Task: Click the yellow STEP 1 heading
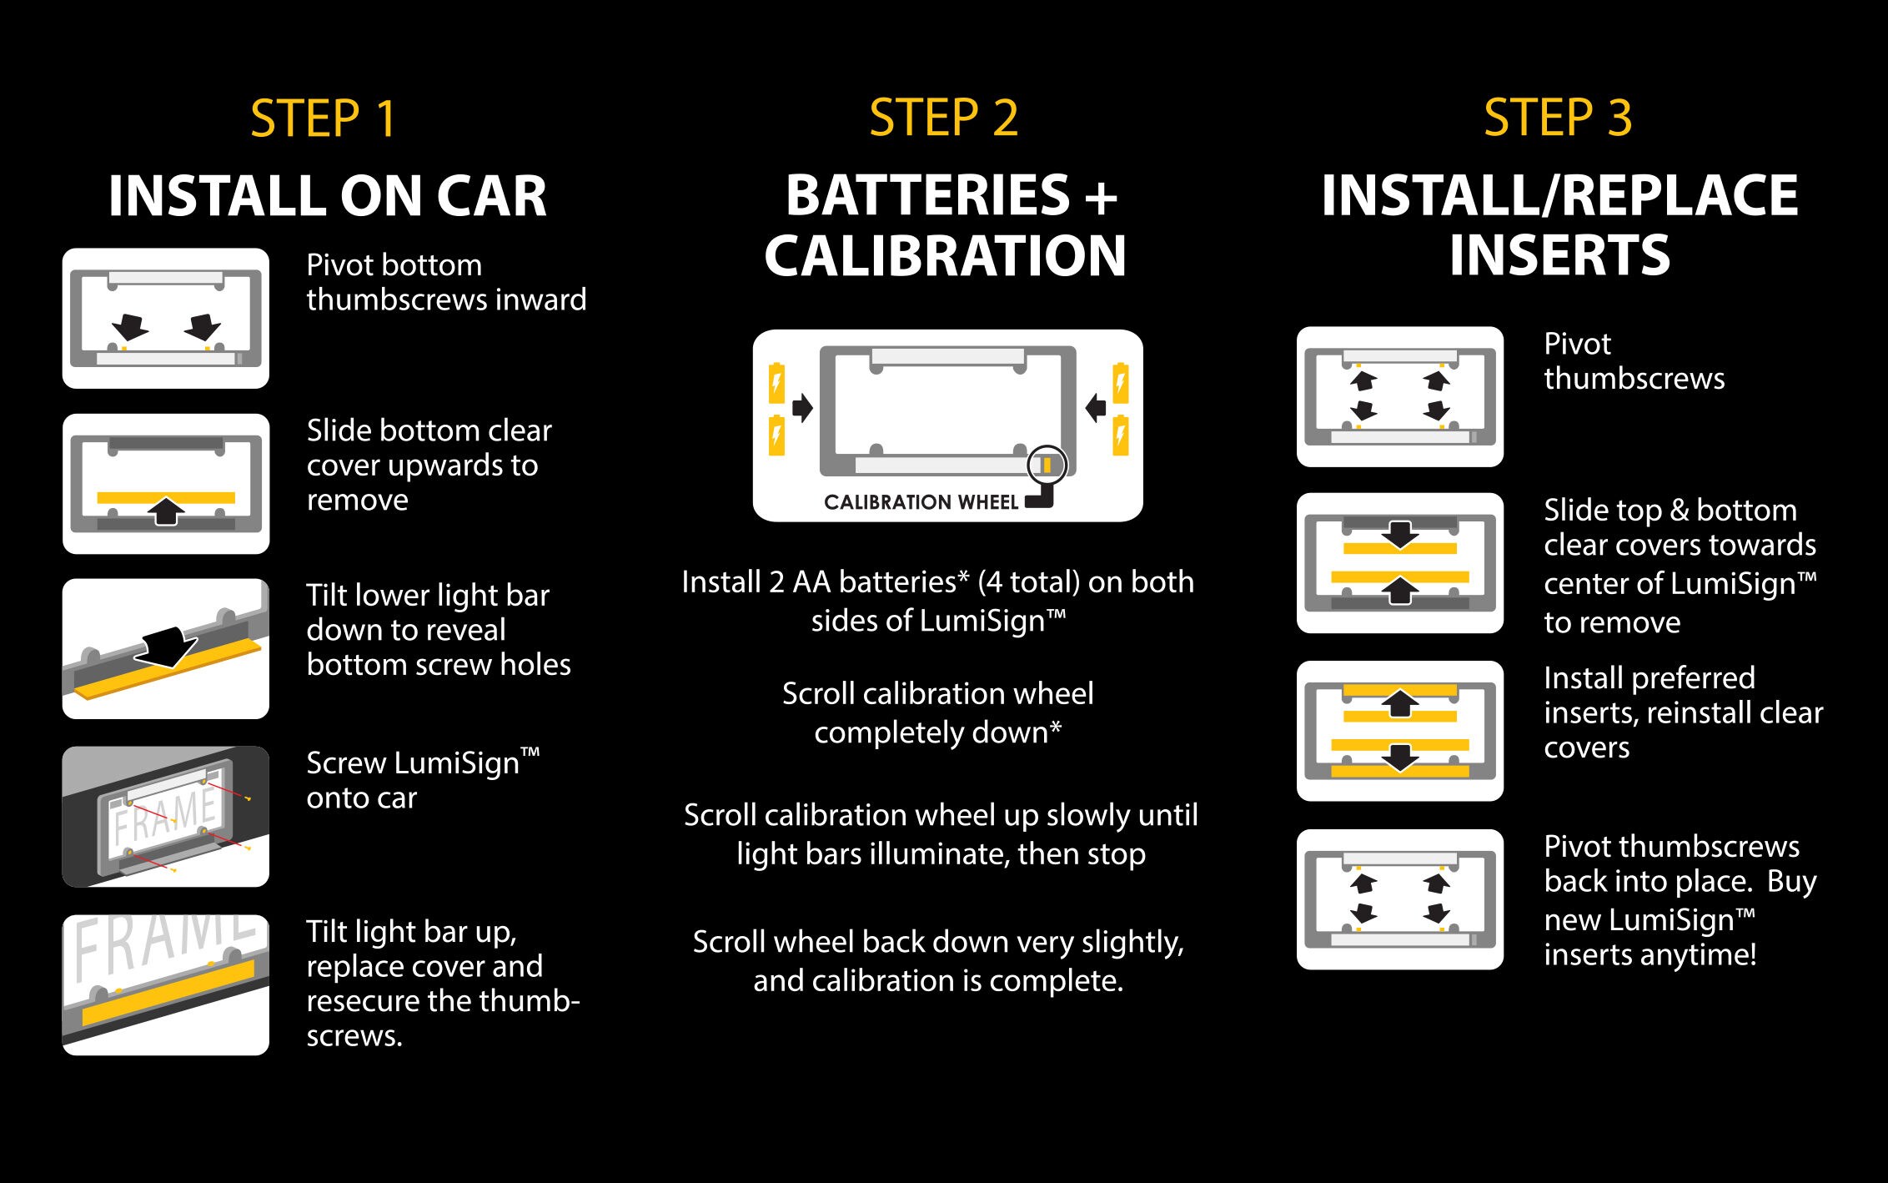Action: point(324,118)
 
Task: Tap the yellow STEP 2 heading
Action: point(944,118)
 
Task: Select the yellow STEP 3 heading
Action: point(1558,118)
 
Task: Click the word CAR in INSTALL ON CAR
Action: point(492,196)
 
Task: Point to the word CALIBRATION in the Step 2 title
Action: point(946,255)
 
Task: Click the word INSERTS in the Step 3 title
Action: point(1559,255)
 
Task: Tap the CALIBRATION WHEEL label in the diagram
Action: point(921,502)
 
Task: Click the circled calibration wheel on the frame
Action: point(1047,465)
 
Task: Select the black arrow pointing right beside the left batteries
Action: point(802,408)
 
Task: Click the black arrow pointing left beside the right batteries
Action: point(1096,408)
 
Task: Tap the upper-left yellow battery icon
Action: point(776,383)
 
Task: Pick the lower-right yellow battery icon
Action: point(1121,435)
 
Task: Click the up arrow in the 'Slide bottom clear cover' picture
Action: point(167,511)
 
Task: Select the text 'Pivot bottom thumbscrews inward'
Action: point(446,282)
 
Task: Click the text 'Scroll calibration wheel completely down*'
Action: point(938,712)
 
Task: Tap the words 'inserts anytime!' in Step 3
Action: point(1650,954)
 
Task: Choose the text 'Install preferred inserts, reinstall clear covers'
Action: point(1683,712)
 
